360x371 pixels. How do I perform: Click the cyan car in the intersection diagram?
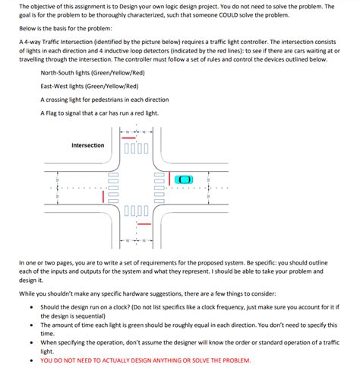pyautogui.click(x=184, y=179)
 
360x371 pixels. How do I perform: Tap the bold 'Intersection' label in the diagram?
pyautogui.click(x=87, y=145)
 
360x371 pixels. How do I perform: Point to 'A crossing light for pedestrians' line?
pyautogui.click(x=104, y=100)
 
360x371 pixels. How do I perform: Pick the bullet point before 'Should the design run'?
pyautogui.click(x=30, y=308)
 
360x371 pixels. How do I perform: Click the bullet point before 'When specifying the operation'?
pyautogui.click(x=30, y=343)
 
